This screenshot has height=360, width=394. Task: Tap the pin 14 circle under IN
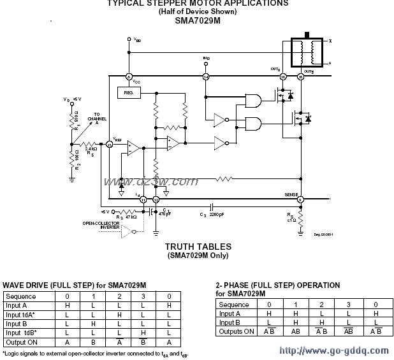click(x=206, y=77)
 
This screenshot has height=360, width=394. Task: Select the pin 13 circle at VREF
click(x=109, y=145)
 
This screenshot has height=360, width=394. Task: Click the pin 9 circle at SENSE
click(x=300, y=200)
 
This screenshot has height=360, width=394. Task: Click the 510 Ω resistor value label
click(x=77, y=120)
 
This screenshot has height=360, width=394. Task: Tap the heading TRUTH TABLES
click(x=198, y=246)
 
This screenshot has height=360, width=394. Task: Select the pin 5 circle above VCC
click(x=129, y=77)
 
